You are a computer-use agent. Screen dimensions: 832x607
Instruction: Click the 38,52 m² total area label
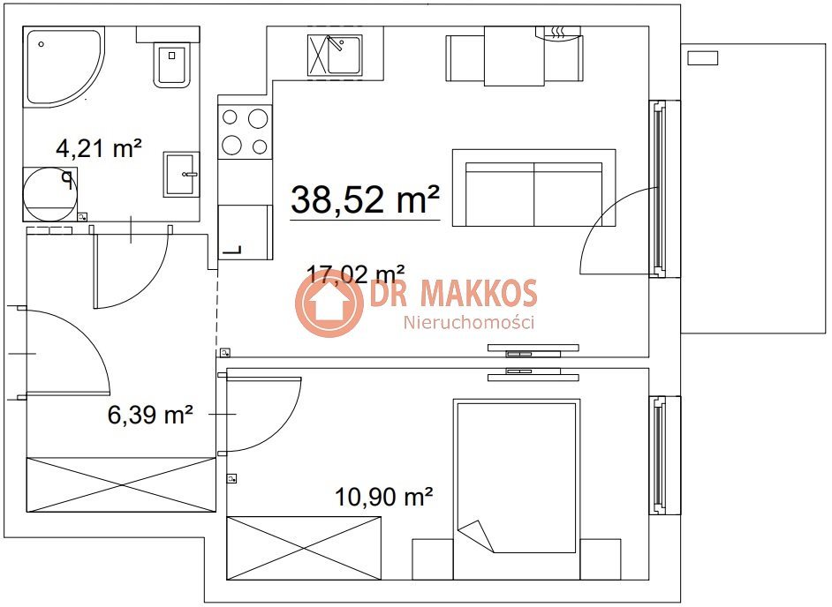click(365, 199)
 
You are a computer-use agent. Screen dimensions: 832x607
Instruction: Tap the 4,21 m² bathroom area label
click(99, 148)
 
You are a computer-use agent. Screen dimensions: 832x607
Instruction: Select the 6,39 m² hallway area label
click(150, 414)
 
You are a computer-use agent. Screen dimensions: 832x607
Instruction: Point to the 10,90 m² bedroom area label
click(383, 497)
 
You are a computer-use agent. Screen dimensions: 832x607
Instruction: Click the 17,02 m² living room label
click(356, 274)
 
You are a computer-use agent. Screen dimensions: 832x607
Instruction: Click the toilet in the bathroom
click(171, 64)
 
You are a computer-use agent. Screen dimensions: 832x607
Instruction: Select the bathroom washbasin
click(181, 174)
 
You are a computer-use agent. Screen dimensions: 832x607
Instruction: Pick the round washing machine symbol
click(49, 194)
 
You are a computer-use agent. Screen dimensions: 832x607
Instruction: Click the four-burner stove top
click(245, 131)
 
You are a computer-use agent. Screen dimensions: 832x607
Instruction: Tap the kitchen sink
click(335, 55)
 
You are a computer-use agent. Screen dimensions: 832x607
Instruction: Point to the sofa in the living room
click(533, 188)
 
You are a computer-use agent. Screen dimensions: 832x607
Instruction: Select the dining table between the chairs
click(514, 56)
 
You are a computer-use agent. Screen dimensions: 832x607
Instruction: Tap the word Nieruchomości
click(469, 322)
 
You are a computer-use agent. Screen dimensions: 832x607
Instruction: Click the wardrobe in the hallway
click(122, 484)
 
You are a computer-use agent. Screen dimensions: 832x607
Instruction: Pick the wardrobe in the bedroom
click(304, 548)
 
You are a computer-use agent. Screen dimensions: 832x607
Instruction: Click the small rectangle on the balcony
click(702, 57)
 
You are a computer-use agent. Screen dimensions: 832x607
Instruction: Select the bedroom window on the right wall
click(664, 455)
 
